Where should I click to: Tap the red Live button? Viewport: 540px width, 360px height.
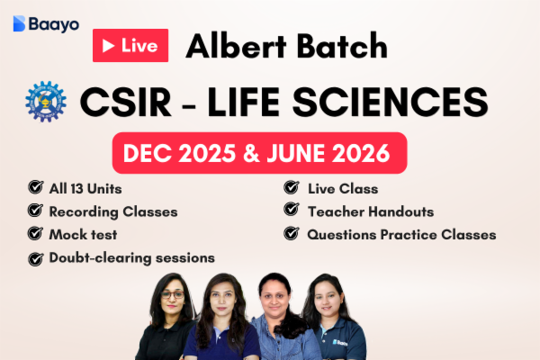[x=130, y=46]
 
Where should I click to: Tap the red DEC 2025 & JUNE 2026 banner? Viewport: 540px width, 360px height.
[x=258, y=153]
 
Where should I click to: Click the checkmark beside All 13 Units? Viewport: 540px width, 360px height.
[x=35, y=189]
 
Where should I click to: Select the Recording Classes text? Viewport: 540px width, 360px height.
[x=114, y=211]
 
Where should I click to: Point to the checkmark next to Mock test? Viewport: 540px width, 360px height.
[x=35, y=234]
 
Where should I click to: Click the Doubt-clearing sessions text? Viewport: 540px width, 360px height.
[x=132, y=257]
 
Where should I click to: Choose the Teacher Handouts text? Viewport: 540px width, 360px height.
[x=370, y=211]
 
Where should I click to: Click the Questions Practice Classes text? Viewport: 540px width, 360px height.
[x=401, y=234]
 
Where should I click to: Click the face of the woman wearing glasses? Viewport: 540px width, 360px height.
[x=172, y=299]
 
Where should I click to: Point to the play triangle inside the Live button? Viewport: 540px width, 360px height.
[x=107, y=46]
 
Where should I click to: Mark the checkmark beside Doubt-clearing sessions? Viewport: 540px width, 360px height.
[x=35, y=258]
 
